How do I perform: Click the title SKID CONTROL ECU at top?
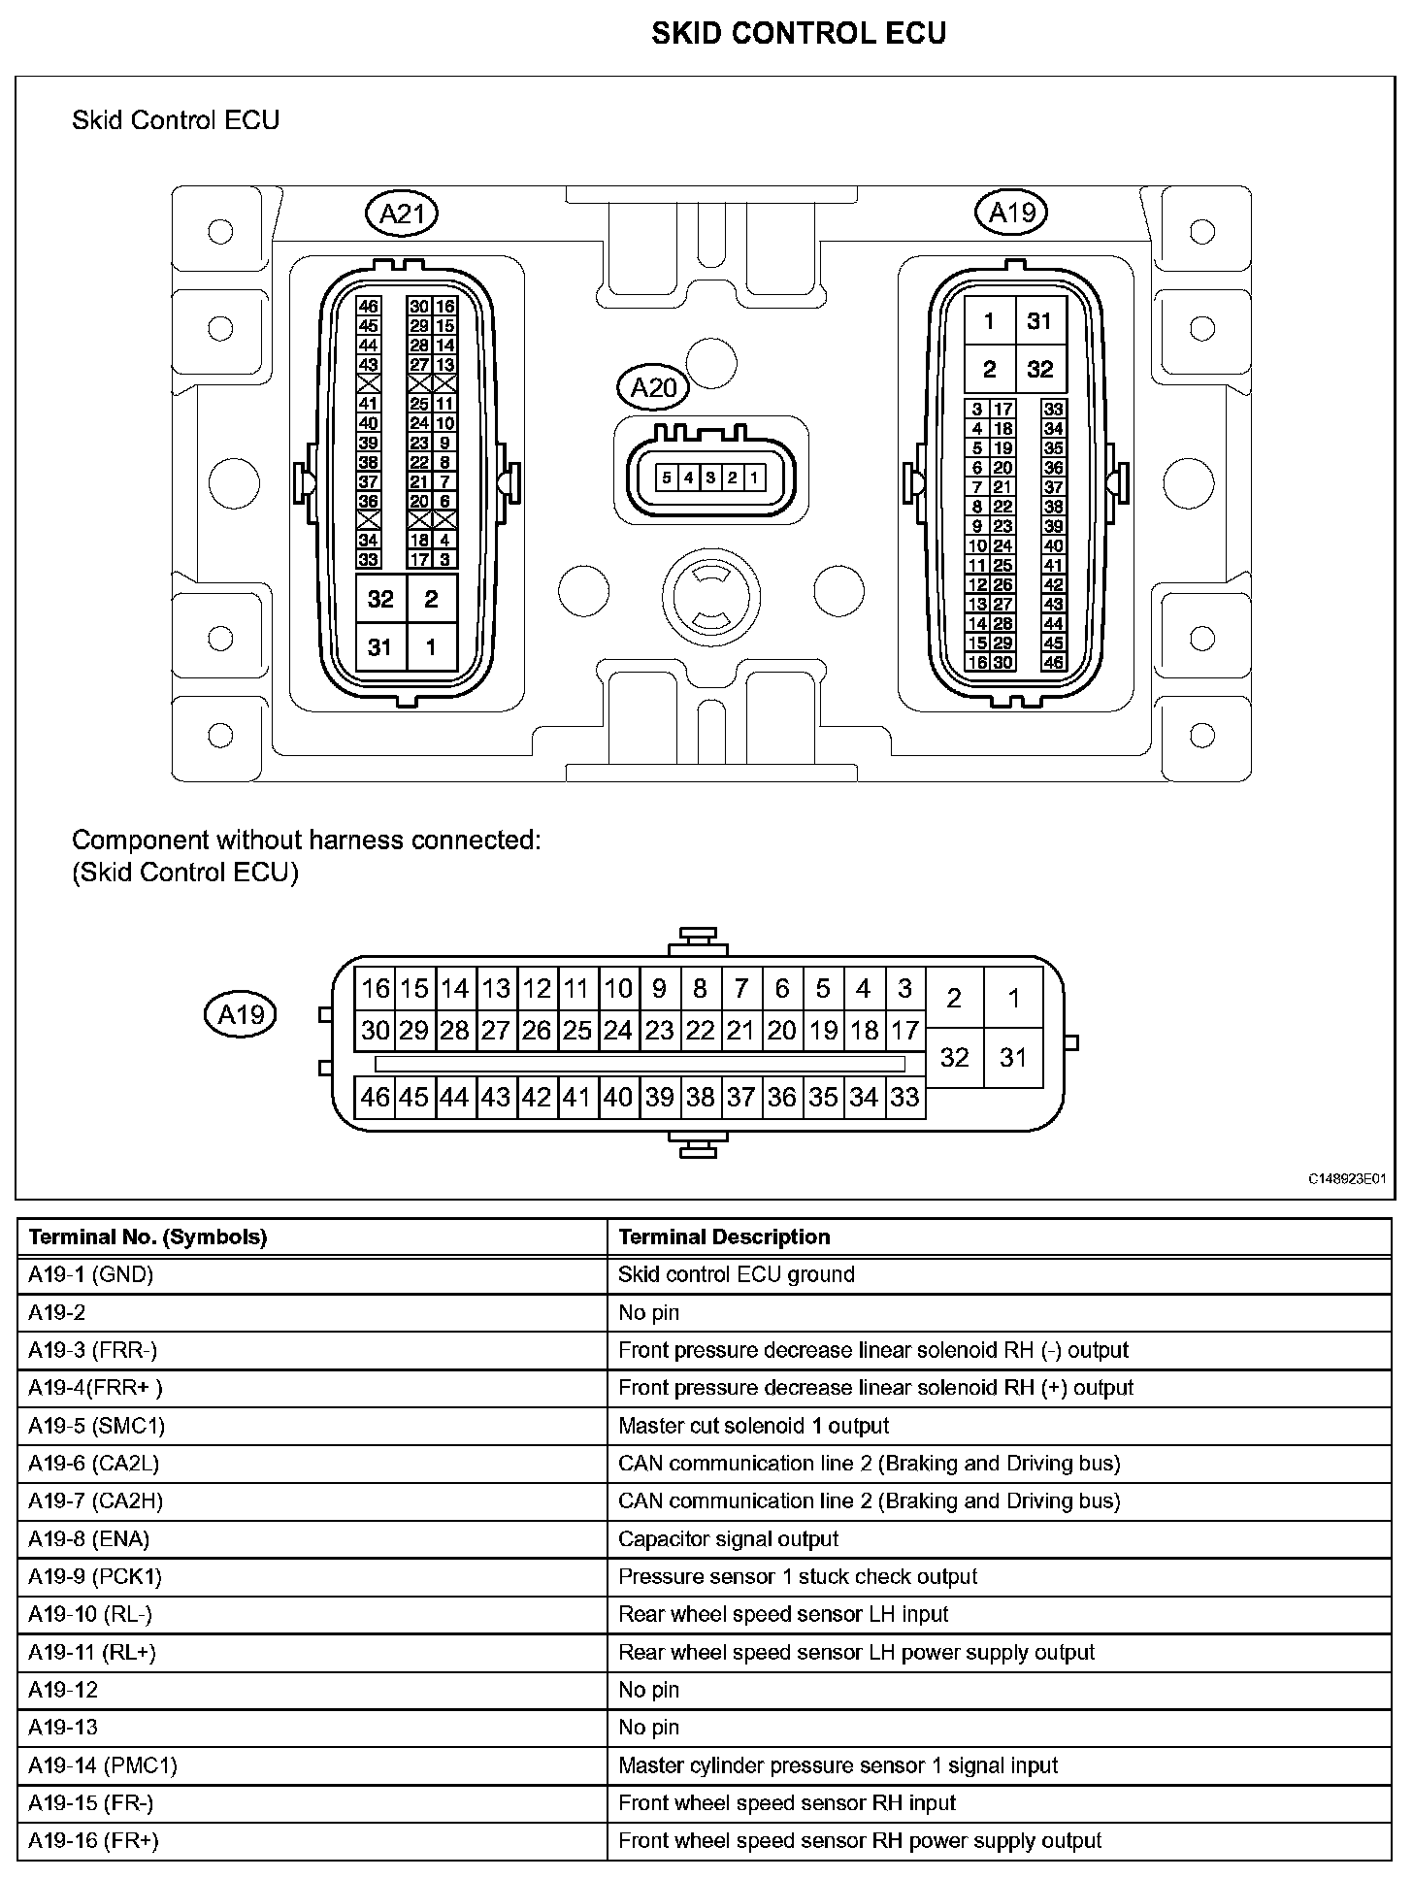tap(798, 33)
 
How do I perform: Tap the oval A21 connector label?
tap(402, 214)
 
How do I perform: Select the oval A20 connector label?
tap(653, 388)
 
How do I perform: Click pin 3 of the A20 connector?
tap(710, 478)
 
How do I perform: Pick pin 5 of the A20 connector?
tap(667, 478)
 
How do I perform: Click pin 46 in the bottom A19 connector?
tap(375, 1098)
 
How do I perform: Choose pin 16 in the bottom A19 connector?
tap(375, 988)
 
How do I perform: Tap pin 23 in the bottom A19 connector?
tap(660, 1030)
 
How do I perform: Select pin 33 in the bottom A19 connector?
tap(904, 1098)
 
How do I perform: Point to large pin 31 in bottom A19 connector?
tap(1013, 1057)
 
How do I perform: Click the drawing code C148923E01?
tap(1346, 1179)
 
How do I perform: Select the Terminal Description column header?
tap(724, 1236)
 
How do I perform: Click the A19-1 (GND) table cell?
tap(91, 1274)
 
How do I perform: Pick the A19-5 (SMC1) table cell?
tap(96, 1426)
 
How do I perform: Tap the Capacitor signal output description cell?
tap(728, 1538)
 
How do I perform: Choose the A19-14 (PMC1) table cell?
tap(102, 1765)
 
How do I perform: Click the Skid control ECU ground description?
tap(736, 1274)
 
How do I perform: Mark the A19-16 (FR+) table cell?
tap(93, 1840)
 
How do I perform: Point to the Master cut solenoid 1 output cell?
tap(753, 1426)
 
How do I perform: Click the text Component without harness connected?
tap(307, 840)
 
